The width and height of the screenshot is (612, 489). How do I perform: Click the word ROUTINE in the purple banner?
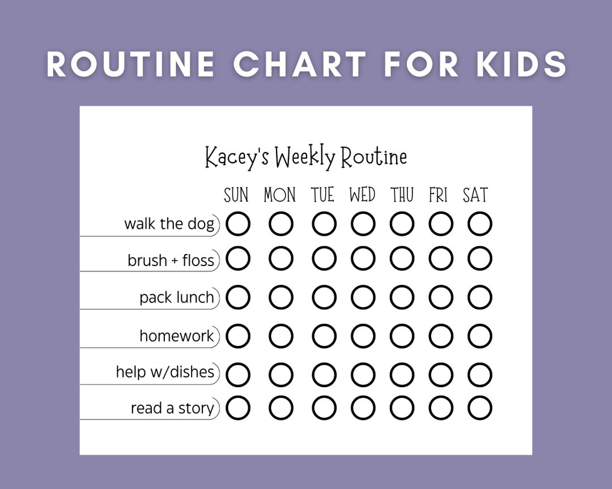tap(130, 63)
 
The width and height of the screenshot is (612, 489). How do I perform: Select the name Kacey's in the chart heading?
tap(236, 157)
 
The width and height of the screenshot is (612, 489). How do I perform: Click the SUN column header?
tap(236, 195)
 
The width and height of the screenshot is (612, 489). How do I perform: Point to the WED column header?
tap(362, 195)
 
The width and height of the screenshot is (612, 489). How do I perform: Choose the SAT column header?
tap(475, 195)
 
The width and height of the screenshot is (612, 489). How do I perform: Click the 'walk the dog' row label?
tap(169, 224)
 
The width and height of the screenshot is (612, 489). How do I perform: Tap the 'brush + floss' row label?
tap(171, 260)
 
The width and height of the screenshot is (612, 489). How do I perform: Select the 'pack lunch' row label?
tap(177, 298)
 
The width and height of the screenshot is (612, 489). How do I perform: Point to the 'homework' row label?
tap(177, 336)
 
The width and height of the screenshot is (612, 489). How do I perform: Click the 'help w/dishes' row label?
tap(165, 372)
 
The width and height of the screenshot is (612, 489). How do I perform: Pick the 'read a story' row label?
tap(172, 408)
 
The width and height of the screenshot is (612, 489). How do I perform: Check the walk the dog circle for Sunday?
tap(238, 224)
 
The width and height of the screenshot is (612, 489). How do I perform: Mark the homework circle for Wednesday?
tap(363, 336)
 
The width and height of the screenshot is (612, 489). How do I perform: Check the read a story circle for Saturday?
tap(480, 408)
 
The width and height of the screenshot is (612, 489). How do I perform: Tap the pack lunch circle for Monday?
tap(281, 298)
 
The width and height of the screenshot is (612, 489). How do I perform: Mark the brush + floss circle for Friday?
tap(441, 259)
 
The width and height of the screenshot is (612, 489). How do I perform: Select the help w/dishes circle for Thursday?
tap(402, 374)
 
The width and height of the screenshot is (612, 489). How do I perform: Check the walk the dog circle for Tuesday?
tap(324, 224)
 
